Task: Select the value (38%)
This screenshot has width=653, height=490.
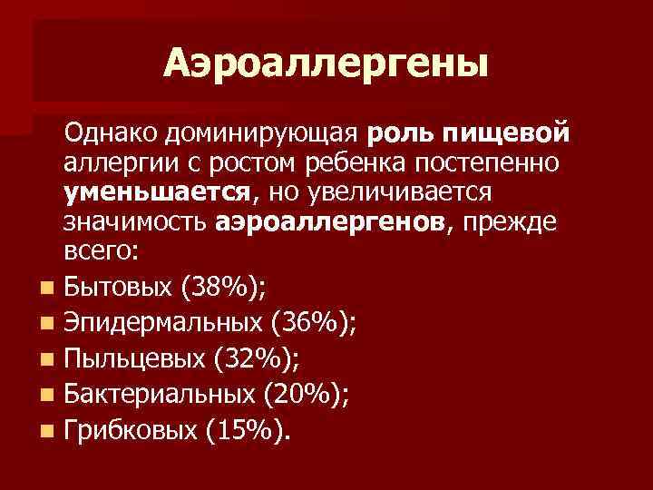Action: coord(222,289)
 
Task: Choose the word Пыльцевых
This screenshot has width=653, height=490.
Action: coord(132,358)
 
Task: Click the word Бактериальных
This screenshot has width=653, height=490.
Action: coord(160,393)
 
